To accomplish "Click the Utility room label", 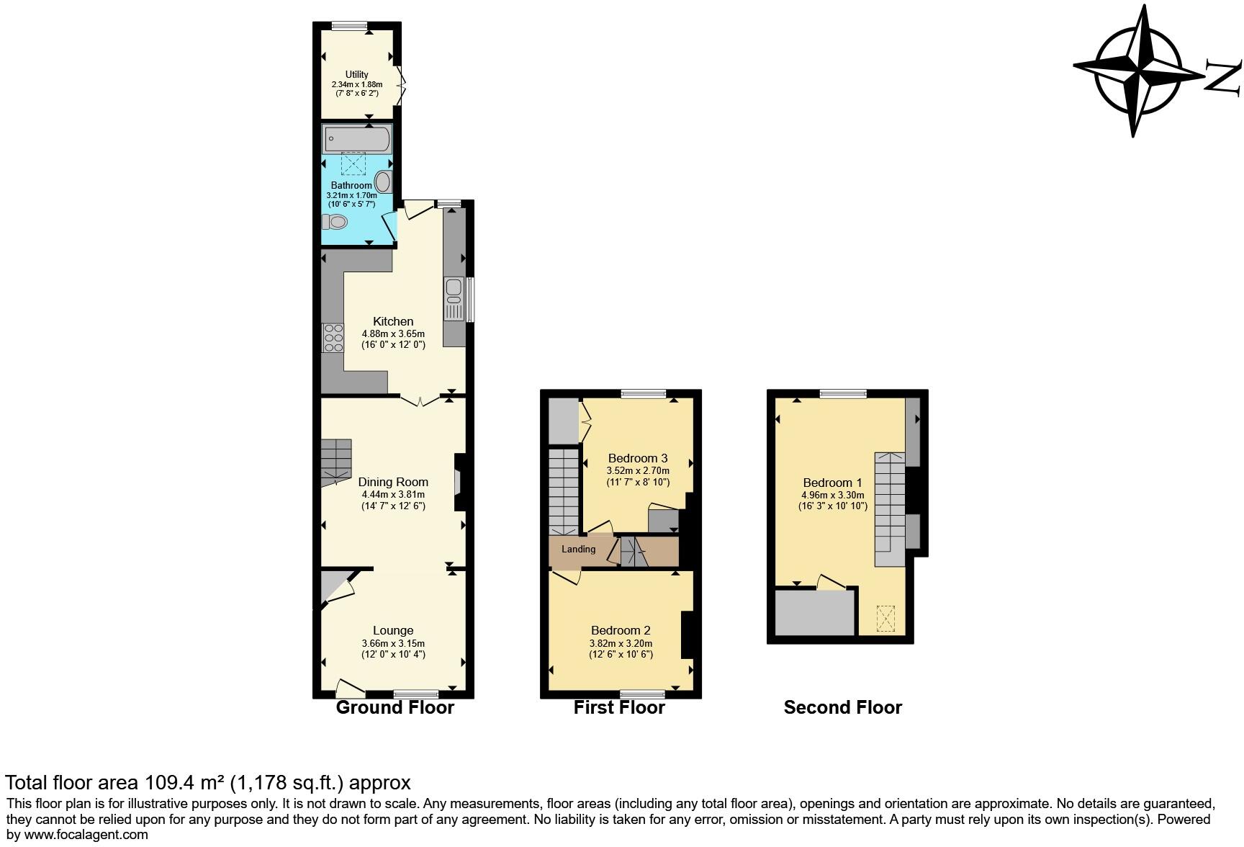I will click(356, 74).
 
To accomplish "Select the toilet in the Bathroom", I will click(336, 221).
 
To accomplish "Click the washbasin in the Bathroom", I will click(383, 181).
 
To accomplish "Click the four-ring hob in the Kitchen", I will click(333, 338).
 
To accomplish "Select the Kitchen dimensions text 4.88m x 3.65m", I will click(393, 333).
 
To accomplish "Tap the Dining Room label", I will click(393, 482).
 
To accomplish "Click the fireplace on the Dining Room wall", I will click(459, 482).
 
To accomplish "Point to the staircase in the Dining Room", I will click(335, 461).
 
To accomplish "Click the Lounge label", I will click(393, 630).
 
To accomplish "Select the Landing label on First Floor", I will click(579, 549).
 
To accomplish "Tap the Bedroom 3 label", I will click(638, 458).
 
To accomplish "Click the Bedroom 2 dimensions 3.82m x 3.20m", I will click(621, 643).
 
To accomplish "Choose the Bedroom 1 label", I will click(833, 483).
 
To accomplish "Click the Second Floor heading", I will click(842, 707).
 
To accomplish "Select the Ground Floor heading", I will click(395, 707).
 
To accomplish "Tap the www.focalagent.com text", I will click(86, 835).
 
